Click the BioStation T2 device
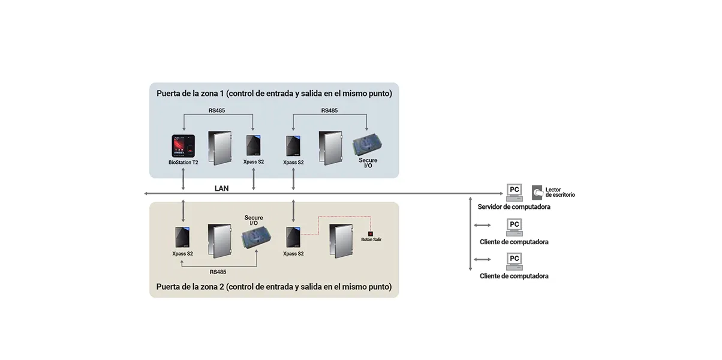(x=183, y=146)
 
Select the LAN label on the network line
(x=221, y=188)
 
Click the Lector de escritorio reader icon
(x=537, y=191)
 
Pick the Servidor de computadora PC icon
(x=514, y=192)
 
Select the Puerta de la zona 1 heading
(x=274, y=94)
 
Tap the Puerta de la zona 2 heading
(x=274, y=287)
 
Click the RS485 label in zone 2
(x=218, y=272)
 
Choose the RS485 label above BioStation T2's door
(x=218, y=110)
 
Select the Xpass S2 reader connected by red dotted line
(x=293, y=237)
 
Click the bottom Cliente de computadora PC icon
(x=514, y=261)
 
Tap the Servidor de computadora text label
(x=514, y=207)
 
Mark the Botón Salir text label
(x=371, y=240)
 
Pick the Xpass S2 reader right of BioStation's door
(x=252, y=146)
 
